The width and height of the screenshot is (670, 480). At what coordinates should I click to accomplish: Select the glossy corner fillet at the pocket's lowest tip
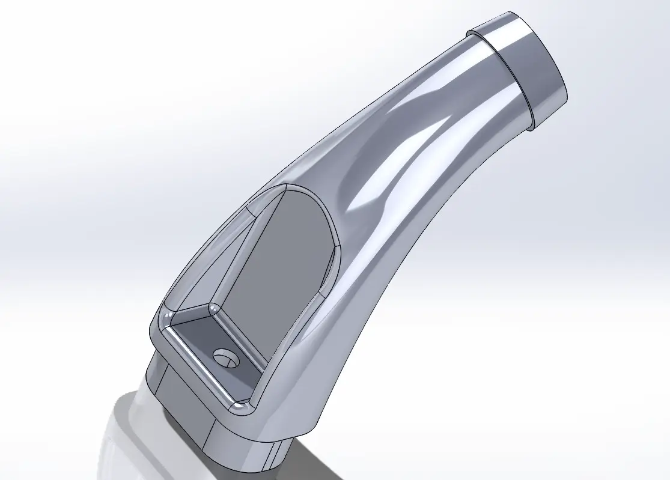pos(242,407)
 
